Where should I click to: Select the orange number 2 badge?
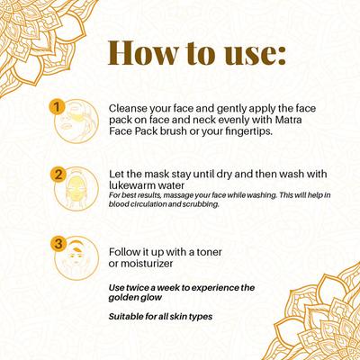58,175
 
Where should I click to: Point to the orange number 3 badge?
58,242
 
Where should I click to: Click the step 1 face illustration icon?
76,125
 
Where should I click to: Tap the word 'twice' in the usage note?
139,287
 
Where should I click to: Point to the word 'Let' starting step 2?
114,173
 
